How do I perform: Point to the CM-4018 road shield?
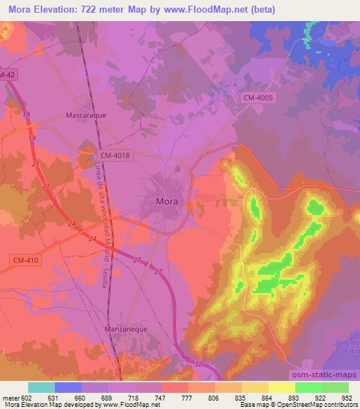(115, 155)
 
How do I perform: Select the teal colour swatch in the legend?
(41, 387)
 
